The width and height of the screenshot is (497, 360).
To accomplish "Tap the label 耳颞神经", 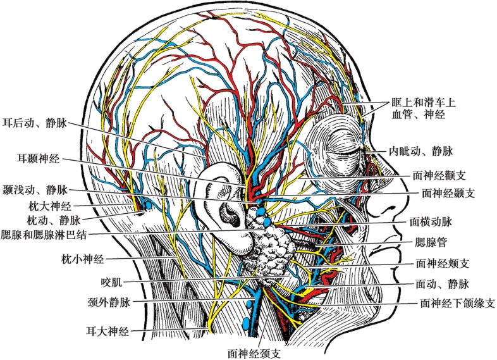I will coord(39,158).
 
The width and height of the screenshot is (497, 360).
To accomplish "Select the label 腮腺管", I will coord(429,241).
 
